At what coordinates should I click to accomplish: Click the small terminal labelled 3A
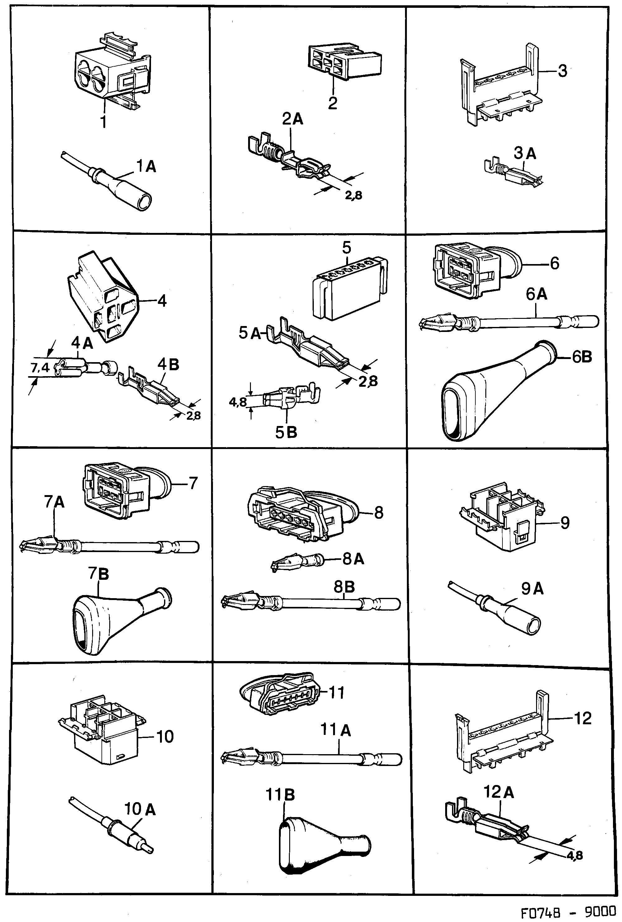(514, 173)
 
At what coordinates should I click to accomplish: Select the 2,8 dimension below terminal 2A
(353, 196)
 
